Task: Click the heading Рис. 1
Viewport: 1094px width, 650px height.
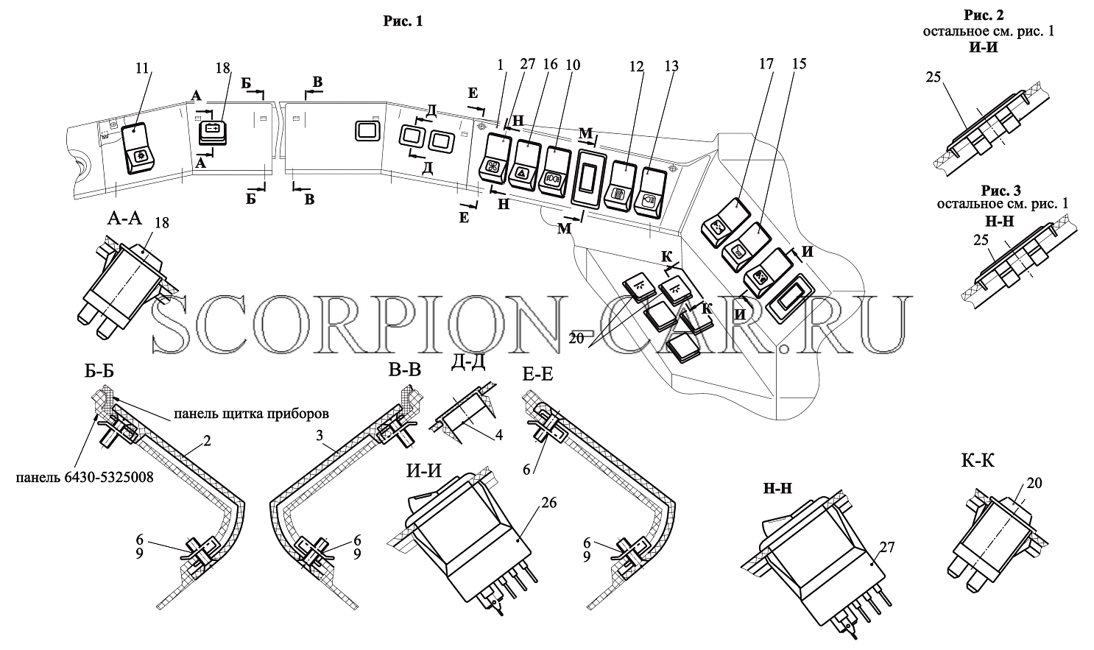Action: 403,21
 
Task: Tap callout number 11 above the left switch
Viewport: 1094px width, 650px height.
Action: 141,68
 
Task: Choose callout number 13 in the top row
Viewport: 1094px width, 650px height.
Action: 671,66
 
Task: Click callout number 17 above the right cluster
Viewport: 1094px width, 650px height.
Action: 766,63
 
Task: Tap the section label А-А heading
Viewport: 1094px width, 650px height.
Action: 124,219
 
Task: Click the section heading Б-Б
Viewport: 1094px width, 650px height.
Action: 99,372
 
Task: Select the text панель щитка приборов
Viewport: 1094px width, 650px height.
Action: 251,414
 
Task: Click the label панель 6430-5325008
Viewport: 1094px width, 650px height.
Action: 85,477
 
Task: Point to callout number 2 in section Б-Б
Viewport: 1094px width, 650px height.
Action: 207,441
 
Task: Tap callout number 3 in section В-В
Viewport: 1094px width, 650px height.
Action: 320,435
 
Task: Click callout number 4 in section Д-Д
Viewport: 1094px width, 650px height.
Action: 498,434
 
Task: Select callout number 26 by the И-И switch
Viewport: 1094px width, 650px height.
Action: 549,503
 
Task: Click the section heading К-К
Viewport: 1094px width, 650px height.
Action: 978,460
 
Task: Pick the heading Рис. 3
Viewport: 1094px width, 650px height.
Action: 1001,190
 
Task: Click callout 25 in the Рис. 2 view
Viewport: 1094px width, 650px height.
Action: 933,77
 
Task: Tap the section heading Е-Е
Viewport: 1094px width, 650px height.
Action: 537,375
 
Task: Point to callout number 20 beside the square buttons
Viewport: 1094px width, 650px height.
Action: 576,338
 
